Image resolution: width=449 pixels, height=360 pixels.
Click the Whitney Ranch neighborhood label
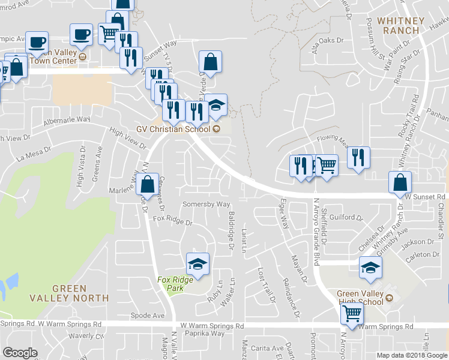pos(402,26)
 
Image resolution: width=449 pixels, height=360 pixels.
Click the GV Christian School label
pos(178,128)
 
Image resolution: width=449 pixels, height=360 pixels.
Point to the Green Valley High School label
pos(360,298)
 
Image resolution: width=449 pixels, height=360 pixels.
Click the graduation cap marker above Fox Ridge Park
pos(197,263)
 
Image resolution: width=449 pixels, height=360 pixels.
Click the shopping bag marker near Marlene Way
pos(147,185)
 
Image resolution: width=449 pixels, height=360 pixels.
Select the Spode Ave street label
pos(147,315)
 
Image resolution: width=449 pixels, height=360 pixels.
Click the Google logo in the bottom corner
pos(20,352)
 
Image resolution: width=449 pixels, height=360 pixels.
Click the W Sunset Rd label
pos(424,196)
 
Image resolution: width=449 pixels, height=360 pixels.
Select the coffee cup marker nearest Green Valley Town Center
pos(81,35)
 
